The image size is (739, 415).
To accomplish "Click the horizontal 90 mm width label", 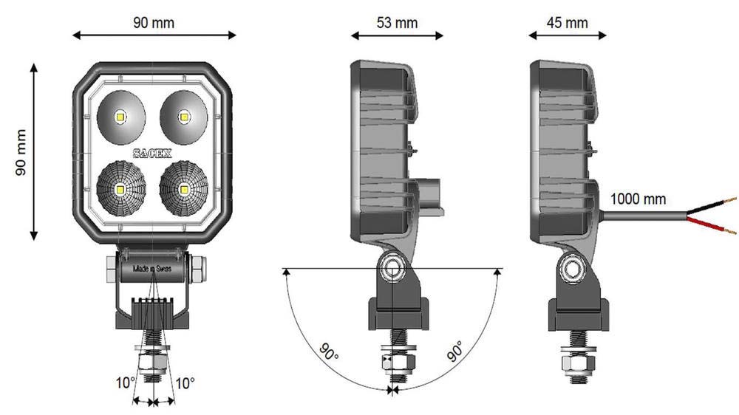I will pos(154,22).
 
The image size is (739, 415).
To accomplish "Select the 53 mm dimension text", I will pos(397,22).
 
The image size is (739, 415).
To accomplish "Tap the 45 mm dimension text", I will pos(568,22).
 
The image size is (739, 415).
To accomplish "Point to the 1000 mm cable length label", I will pos(638,199).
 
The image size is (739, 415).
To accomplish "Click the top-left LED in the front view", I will pos(120,116).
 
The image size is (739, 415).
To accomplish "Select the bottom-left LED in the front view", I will pos(119,188).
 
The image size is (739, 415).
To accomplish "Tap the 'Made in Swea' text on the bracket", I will pos(151,270).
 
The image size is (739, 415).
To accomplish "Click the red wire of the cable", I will pos(709,225).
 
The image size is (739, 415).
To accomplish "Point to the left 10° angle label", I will pos(125,383).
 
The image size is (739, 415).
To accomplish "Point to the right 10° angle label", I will pos(185,383).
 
